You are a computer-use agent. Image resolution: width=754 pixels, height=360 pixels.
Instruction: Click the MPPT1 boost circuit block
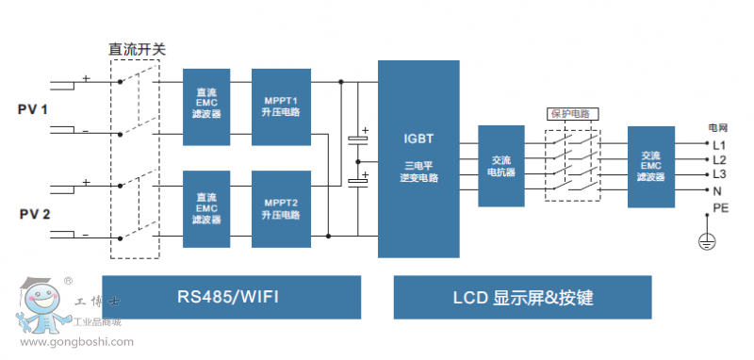[x=281, y=106]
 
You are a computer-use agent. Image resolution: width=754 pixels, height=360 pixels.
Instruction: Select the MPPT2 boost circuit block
[x=281, y=208]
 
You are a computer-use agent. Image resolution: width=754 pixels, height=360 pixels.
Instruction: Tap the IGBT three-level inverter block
[x=418, y=158]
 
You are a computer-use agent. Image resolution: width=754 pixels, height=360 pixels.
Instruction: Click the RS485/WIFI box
[x=231, y=298]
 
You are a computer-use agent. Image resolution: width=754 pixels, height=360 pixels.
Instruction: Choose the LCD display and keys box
[x=522, y=298]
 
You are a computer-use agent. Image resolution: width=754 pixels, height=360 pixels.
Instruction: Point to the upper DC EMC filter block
[x=206, y=106]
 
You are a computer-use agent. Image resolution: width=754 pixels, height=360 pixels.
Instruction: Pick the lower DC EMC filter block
[x=206, y=208]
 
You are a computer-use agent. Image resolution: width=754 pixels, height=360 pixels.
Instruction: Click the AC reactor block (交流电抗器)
[x=500, y=166]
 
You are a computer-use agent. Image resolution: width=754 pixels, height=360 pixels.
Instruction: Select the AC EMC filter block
[x=650, y=167]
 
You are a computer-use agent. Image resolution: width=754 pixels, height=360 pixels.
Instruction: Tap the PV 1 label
[x=33, y=110]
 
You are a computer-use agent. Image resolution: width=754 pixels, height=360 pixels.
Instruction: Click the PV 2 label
[x=33, y=214]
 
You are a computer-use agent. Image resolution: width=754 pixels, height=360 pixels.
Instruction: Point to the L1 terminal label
[x=718, y=145]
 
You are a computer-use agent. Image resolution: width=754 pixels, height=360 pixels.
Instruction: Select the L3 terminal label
[x=718, y=174]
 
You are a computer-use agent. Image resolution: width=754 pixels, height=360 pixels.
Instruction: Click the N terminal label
[x=716, y=190]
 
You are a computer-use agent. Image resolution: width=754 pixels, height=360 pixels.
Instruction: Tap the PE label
[x=720, y=206]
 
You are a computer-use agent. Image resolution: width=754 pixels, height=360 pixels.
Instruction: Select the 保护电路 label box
[x=573, y=113]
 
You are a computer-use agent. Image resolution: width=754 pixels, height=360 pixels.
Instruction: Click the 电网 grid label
[x=717, y=126]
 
